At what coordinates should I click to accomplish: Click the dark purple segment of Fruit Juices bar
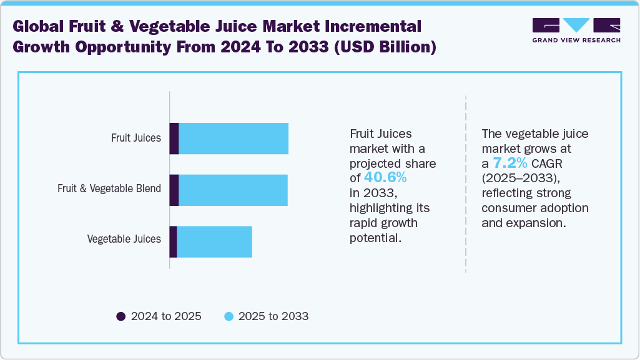[x=174, y=139]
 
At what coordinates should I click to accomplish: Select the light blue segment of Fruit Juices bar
[x=234, y=139]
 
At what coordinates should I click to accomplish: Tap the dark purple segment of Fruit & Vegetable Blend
[x=174, y=190]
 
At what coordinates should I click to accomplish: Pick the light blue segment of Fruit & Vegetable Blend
[x=233, y=190]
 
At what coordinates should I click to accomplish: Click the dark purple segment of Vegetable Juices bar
[x=174, y=241]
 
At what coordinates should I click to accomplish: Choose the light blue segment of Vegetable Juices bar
[x=214, y=241]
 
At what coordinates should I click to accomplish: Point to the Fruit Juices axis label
[x=136, y=138]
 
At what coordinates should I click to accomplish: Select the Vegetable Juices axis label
[x=124, y=239]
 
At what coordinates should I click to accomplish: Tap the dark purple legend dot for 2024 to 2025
[x=121, y=316]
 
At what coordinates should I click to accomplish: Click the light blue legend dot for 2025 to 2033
[x=229, y=316]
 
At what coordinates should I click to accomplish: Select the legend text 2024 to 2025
[x=166, y=316]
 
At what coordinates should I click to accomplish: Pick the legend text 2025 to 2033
[x=273, y=316]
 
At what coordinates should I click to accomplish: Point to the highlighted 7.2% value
[x=510, y=163]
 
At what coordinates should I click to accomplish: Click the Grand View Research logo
[x=576, y=30]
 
